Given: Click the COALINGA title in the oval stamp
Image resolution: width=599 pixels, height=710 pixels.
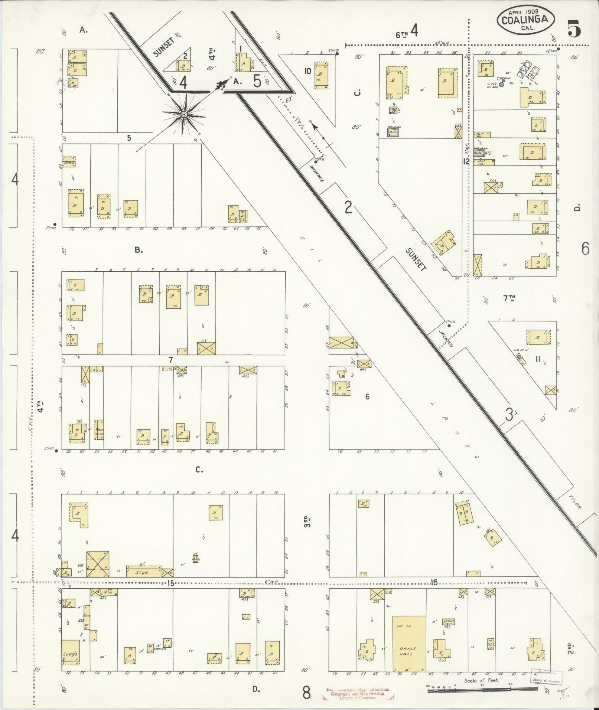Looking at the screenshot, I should (525, 20).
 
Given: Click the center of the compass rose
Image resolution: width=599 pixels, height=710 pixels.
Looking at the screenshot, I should (184, 115).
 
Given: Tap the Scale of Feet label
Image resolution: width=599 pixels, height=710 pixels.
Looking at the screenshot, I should (481, 680).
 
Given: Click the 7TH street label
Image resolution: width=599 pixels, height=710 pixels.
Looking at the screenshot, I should (509, 297).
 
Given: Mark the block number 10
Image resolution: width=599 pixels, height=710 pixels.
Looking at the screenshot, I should (307, 71).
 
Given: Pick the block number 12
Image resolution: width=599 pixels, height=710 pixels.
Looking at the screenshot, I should (466, 161).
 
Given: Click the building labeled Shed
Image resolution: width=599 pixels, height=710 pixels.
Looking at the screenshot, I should (69, 162).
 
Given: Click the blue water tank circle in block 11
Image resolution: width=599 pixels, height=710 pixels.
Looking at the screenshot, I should (519, 357).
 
